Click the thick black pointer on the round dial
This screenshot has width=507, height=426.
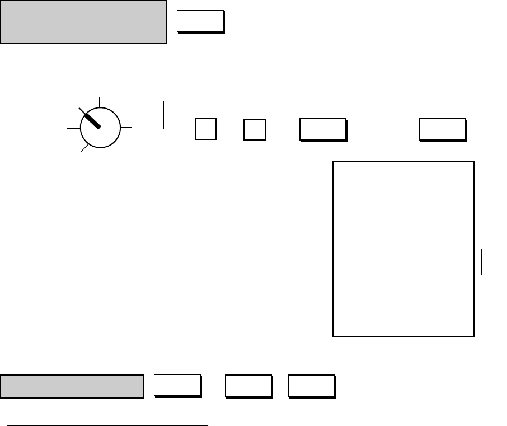(90, 119)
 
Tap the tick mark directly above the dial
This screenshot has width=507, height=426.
(100, 101)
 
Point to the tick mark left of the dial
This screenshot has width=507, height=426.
(73, 128)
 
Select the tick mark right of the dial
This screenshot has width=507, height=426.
(126, 128)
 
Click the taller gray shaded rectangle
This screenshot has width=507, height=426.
(83, 22)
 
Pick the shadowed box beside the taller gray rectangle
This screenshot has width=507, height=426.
(200, 21)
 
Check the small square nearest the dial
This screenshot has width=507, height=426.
(205, 129)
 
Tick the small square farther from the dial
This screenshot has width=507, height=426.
(255, 129)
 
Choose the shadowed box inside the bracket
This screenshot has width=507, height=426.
(323, 129)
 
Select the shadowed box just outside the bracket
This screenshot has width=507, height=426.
(442, 129)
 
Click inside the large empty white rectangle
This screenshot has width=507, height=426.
(403, 249)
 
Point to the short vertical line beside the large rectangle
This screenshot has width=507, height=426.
(482, 263)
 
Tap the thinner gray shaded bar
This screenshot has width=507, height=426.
(72, 386)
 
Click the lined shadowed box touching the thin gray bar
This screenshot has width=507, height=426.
(177, 386)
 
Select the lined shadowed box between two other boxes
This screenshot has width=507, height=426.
(248, 386)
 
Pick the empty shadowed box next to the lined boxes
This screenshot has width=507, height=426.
(311, 386)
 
